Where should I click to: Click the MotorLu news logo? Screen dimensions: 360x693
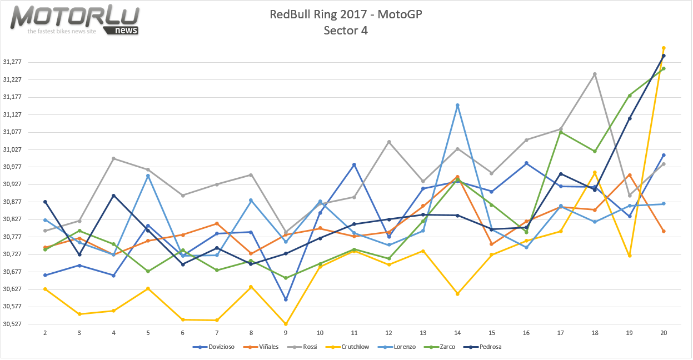pyautogui.click(x=76, y=20)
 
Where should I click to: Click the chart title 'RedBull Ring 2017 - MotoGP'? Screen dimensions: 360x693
pyautogui.click(x=346, y=14)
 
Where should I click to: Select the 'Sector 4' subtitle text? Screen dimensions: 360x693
pyautogui.click(x=346, y=31)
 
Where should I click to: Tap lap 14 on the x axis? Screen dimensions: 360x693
pyautogui.click(x=457, y=333)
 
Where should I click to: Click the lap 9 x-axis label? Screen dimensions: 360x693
pyautogui.click(x=286, y=333)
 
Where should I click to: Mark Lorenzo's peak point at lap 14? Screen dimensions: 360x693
pyautogui.click(x=457, y=105)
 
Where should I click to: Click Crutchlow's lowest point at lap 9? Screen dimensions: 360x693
pyautogui.click(x=286, y=324)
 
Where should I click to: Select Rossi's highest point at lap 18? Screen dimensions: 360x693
pyautogui.click(x=595, y=74)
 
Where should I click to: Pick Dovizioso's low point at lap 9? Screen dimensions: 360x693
pyautogui.click(x=286, y=299)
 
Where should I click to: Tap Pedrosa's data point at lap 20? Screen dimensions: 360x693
pyautogui.click(x=664, y=56)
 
